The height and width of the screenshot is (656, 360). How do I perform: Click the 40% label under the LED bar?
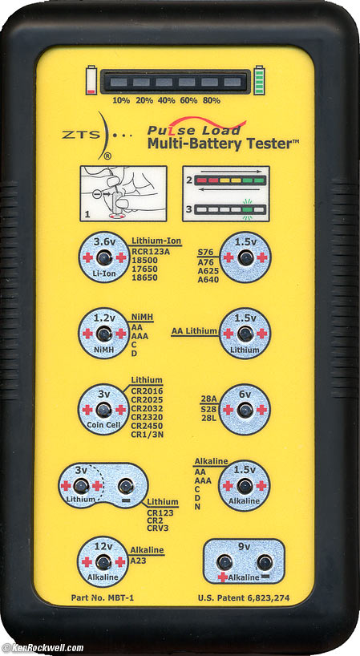(165, 100)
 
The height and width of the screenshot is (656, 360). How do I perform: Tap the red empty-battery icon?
(91, 79)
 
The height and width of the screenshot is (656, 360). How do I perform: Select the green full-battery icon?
(259, 79)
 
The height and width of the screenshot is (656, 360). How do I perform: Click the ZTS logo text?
(81, 135)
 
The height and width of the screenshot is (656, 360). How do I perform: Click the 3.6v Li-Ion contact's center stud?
(103, 257)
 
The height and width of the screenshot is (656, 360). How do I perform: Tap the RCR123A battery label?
(151, 252)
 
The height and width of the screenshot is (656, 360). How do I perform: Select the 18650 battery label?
(144, 277)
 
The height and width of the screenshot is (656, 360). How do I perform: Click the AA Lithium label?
(194, 331)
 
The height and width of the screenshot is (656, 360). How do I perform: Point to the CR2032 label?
(148, 408)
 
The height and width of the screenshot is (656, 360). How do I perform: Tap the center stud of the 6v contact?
(245, 410)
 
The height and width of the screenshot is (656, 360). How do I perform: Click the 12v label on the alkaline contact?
(103, 545)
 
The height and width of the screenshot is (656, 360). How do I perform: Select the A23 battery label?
(139, 561)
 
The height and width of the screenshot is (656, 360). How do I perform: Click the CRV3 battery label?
(158, 528)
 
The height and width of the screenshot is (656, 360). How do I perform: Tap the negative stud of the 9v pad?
(265, 562)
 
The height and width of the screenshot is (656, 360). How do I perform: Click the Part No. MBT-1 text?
(103, 597)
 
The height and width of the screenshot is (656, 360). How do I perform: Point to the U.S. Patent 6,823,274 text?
(244, 598)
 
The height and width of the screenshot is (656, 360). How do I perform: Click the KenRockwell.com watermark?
(42, 648)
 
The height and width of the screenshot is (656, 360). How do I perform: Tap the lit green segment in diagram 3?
(248, 209)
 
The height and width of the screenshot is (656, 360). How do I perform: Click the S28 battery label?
(208, 409)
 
